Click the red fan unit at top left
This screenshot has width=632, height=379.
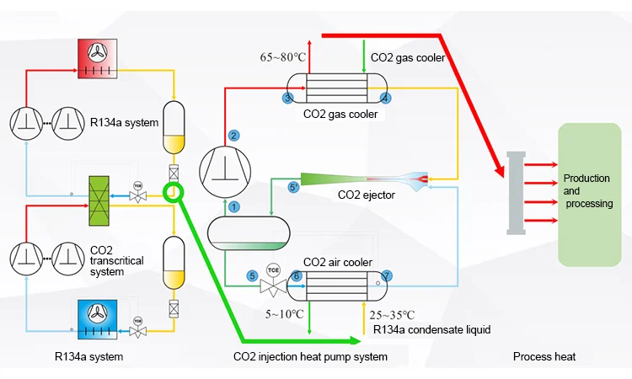102,58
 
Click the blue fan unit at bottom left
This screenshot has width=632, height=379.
102,318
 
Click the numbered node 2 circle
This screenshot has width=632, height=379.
234,136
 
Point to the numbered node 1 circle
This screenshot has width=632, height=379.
234,206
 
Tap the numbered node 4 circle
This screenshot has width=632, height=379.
385,99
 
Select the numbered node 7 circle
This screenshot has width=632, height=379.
387,275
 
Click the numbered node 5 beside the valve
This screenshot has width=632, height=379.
251,275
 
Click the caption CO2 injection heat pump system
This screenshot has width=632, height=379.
310,357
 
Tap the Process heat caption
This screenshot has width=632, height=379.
544,357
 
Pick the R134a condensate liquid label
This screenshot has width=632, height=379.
431,329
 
